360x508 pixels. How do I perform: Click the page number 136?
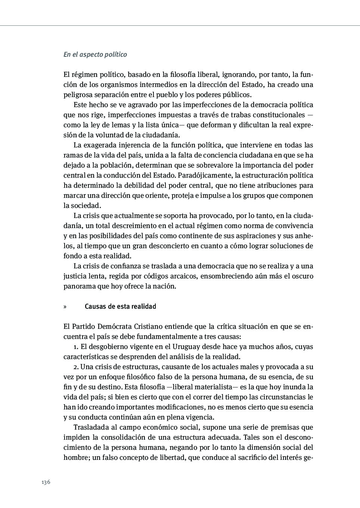[x=46, y=482]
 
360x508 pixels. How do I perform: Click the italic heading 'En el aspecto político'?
[x=95, y=54]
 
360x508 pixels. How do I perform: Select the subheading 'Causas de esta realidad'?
[x=120, y=306]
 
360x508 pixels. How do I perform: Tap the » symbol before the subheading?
[x=65, y=306]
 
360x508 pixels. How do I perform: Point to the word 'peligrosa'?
[x=78, y=95]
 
